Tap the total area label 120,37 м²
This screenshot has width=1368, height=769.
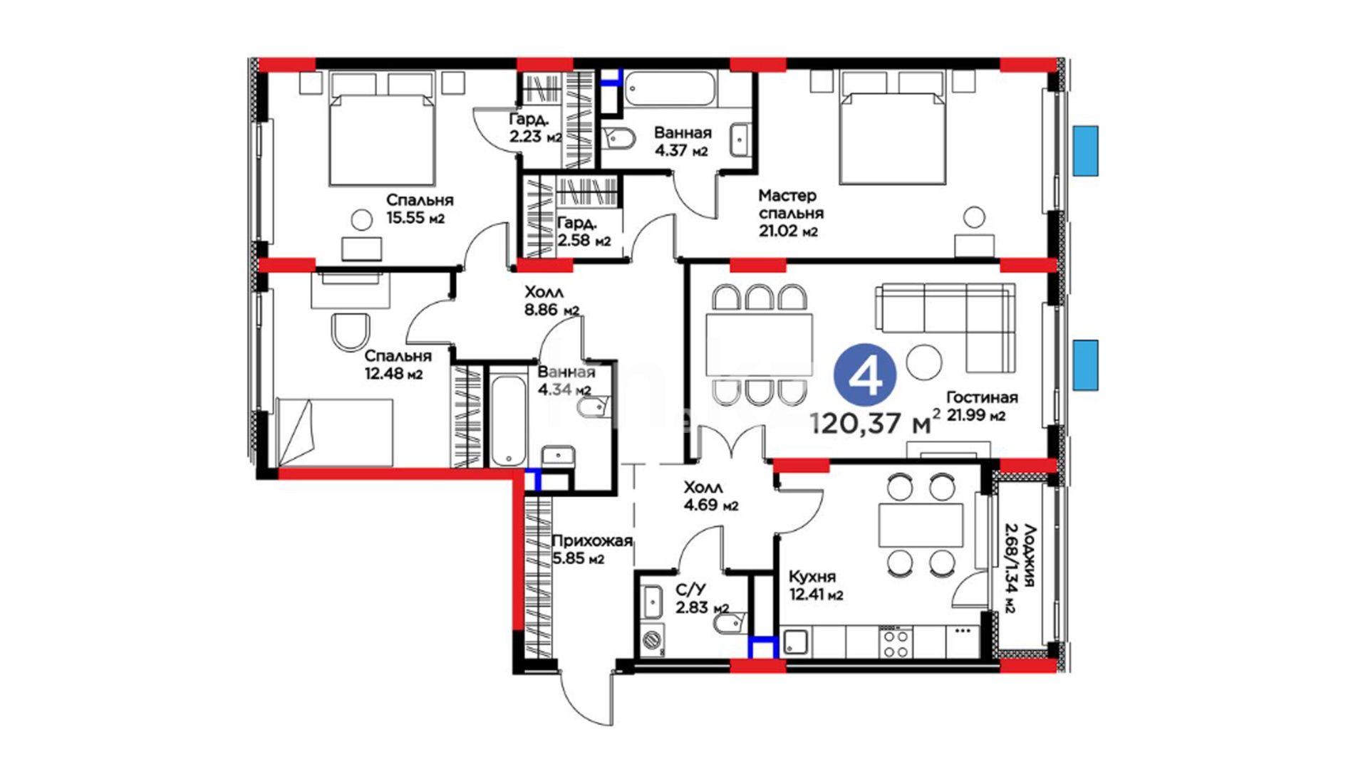[876, 423]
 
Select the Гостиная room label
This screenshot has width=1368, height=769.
[982, 397]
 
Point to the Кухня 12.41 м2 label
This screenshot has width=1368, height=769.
[816, 585]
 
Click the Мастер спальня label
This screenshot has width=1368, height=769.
[791, 204]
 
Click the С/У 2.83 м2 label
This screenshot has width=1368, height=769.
[702, 599]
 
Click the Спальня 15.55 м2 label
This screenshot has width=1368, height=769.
[419, 209]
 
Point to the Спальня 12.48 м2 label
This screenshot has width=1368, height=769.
[398, 364]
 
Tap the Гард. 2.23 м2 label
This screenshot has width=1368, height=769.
[535, 127]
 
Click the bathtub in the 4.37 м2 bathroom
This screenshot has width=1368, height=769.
[670, 89]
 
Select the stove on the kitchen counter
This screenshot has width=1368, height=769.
[893, 643]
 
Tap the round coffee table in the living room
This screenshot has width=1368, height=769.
[924, 362]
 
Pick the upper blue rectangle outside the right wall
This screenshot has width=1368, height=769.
[1086, 151]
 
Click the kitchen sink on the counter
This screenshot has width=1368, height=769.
[797, 643]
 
